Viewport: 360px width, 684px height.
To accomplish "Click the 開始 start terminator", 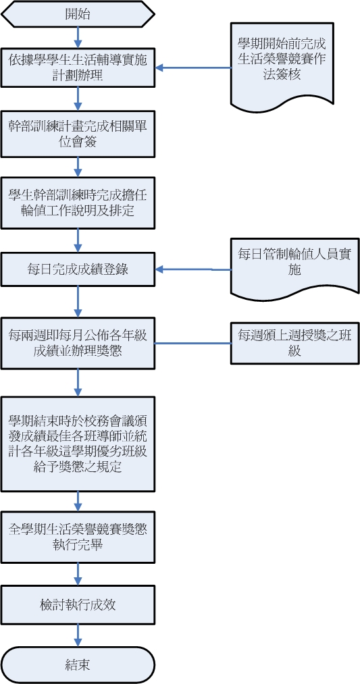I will click(x=78, y=14).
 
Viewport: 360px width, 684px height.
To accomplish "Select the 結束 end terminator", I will click(x=78, y=664).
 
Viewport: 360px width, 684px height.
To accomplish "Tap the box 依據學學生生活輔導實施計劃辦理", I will click(x=78, y=68).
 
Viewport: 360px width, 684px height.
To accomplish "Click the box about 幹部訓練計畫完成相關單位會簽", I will click(x=78, y=133).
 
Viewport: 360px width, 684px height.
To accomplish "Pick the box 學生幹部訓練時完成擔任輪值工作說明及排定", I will click(x=78, y=203).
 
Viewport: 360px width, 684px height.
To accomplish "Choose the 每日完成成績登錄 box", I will click(x=78, y=269).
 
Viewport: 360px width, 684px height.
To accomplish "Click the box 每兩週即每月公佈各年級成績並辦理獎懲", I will click(x=78, y=342).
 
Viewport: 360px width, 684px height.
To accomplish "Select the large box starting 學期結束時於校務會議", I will click(x=78, y=433).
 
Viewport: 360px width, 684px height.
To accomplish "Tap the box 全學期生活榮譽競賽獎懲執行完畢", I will click(x=78, y=537).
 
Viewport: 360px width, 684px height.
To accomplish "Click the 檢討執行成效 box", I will click(x=78, y=604).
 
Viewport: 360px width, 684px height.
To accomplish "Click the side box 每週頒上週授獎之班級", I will click(x=294, y=342).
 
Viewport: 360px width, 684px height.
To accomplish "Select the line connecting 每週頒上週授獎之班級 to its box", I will click(x=194, y=343).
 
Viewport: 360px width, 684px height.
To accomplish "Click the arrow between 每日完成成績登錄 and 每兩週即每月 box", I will click(x=78, y=300).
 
